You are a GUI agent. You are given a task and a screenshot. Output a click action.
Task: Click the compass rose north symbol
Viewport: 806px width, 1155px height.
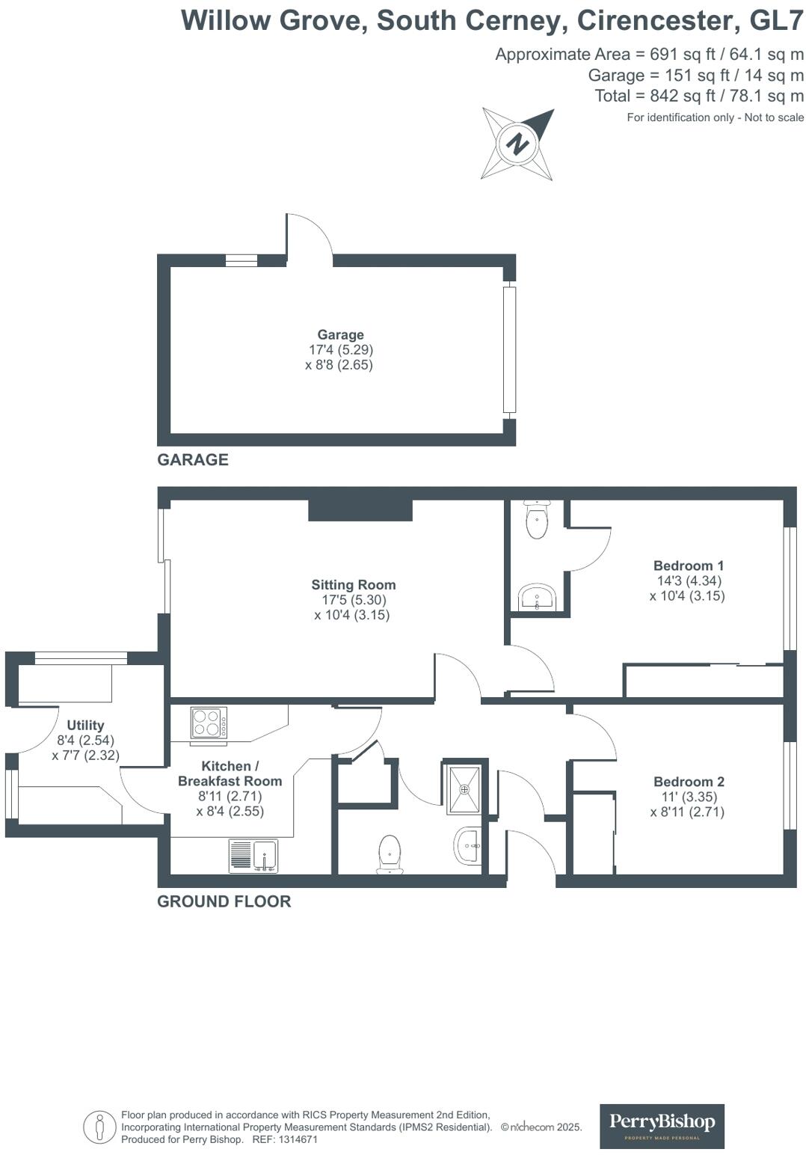click(517, 144)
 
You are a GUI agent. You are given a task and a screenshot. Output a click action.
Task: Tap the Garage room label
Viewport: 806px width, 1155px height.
click(340, 335)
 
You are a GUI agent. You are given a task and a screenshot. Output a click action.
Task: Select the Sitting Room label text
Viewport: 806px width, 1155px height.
click(354, 585)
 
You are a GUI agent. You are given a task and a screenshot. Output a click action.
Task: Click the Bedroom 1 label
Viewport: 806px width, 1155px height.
click(688, 566)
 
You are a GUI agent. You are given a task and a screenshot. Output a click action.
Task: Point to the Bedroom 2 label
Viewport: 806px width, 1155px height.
click(688, 782)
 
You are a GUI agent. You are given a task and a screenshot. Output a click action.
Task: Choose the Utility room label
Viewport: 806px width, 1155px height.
click(85, 725)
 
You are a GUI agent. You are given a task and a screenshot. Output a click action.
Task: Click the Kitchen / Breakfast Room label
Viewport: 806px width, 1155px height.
click(230, 773)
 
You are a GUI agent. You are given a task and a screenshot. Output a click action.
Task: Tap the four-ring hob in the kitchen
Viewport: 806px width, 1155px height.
click(209, 723)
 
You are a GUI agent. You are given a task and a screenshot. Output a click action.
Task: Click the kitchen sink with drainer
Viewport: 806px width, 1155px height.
click(253, 856)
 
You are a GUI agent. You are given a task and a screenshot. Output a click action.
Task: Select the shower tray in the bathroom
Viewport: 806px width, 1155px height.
click(465, 788)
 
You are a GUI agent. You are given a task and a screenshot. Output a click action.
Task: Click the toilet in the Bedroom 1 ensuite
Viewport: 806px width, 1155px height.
click(537, 521)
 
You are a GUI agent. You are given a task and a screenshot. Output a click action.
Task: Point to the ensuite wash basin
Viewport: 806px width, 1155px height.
click(537, 598)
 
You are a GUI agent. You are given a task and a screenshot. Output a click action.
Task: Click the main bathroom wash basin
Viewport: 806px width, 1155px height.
click(469, 846)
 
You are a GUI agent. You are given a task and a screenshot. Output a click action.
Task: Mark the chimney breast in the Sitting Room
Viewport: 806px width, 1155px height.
click(360, 510)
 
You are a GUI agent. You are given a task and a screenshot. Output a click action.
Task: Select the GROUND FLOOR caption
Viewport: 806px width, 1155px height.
click(224, 901)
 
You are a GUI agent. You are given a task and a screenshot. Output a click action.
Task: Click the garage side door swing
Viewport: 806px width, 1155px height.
click(309, 236)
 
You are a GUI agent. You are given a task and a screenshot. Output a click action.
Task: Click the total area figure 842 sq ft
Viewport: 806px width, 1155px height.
click(673, 96)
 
